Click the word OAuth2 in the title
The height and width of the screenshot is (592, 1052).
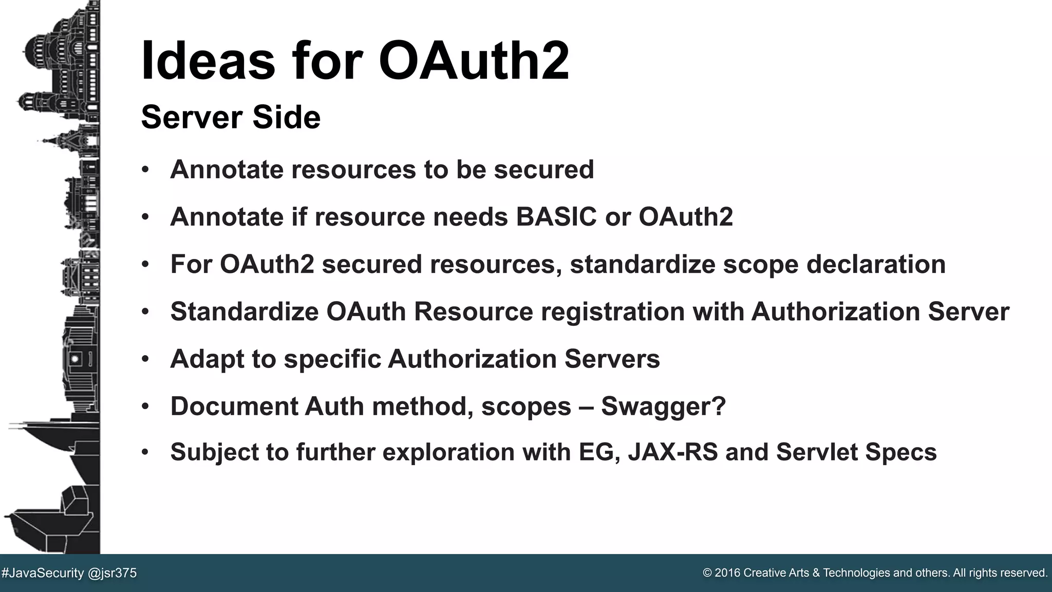click(474, 61)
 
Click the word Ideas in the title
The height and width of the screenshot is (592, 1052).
click(208, 61)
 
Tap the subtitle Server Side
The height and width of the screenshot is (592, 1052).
click(231, 117)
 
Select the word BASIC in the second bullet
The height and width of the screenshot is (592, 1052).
click(556, 217)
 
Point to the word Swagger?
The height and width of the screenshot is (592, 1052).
click(663, 406)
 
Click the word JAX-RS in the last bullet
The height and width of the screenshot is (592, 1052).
click(673, 452)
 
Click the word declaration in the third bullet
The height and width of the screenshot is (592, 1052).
click(876, 265)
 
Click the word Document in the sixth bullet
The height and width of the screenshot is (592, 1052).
click(234, 406)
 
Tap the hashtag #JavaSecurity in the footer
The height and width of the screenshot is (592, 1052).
click(43, 573)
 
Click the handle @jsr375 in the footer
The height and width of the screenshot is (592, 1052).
click(112, 573)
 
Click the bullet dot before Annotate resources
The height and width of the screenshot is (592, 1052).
click(145, 170)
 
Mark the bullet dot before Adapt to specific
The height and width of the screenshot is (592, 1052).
click(145, 359)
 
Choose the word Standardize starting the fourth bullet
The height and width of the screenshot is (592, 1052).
click(244, 312)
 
